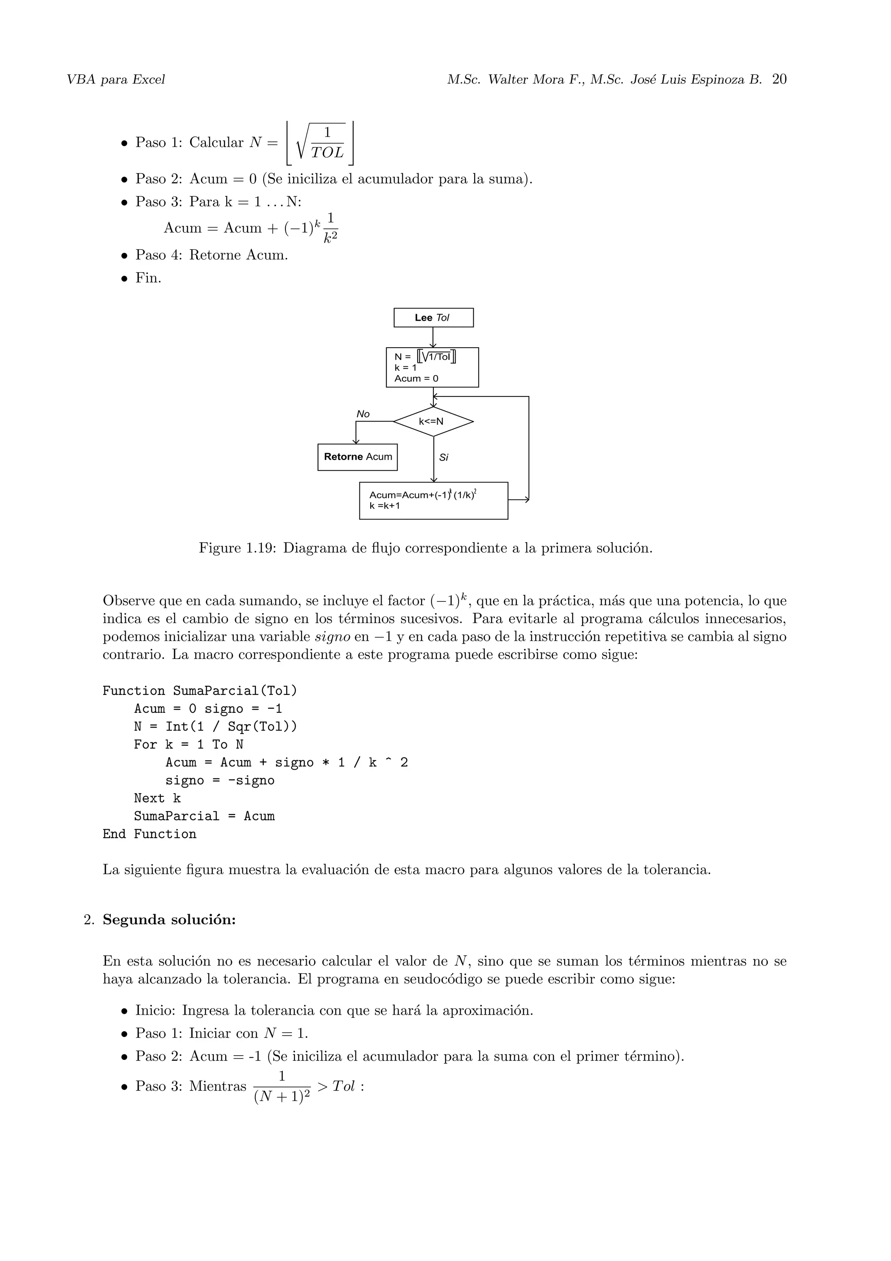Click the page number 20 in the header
[779, 80]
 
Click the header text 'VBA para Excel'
[115, 80]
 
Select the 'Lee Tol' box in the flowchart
[433, 318]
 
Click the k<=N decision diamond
[433, 422]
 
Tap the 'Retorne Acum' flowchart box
[357, 457]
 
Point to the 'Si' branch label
[444, 457]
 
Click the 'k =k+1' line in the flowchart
[385, 506]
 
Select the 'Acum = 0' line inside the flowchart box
[416, 379]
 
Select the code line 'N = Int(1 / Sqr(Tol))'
[215, 727]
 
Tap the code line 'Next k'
[157, 798]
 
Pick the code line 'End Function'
[149, 834]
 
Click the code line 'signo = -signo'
[220, 781]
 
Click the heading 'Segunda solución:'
[169, 919]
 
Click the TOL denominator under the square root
[327, 153]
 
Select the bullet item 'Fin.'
[148, 278]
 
